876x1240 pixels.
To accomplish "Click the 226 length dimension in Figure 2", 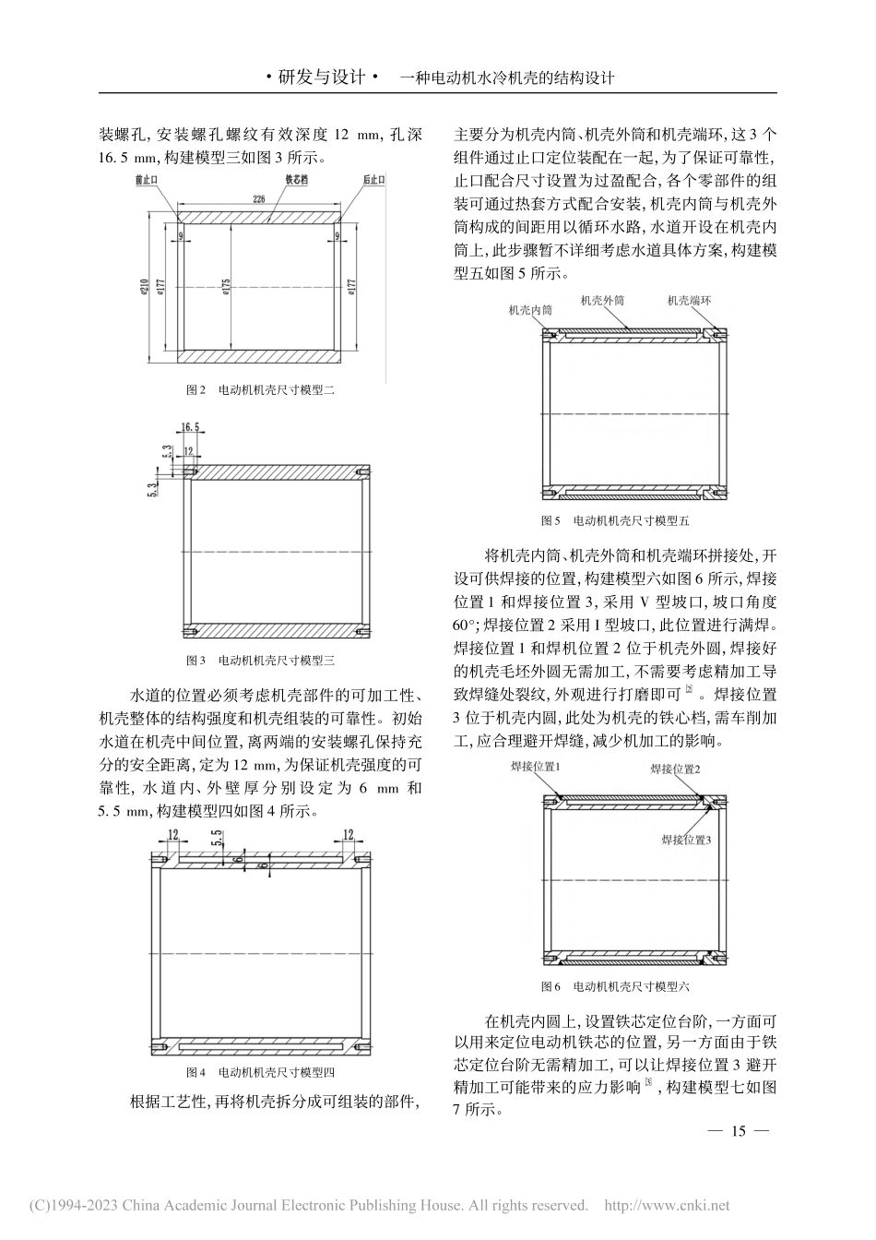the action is pos(258,197).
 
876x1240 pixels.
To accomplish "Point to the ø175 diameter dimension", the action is pos(225,287).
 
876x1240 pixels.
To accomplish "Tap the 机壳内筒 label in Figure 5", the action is pos(531,311).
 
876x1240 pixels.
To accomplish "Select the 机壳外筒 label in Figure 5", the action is pos(601,301).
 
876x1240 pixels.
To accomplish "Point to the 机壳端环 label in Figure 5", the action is pos(690,301).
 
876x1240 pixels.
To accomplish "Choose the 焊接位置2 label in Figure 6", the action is pos(675,769).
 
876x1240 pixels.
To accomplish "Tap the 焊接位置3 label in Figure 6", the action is pos(686,840).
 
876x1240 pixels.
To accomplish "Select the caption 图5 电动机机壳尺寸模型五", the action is pos(615,520).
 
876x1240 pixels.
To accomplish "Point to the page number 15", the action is pos(737,1132).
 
